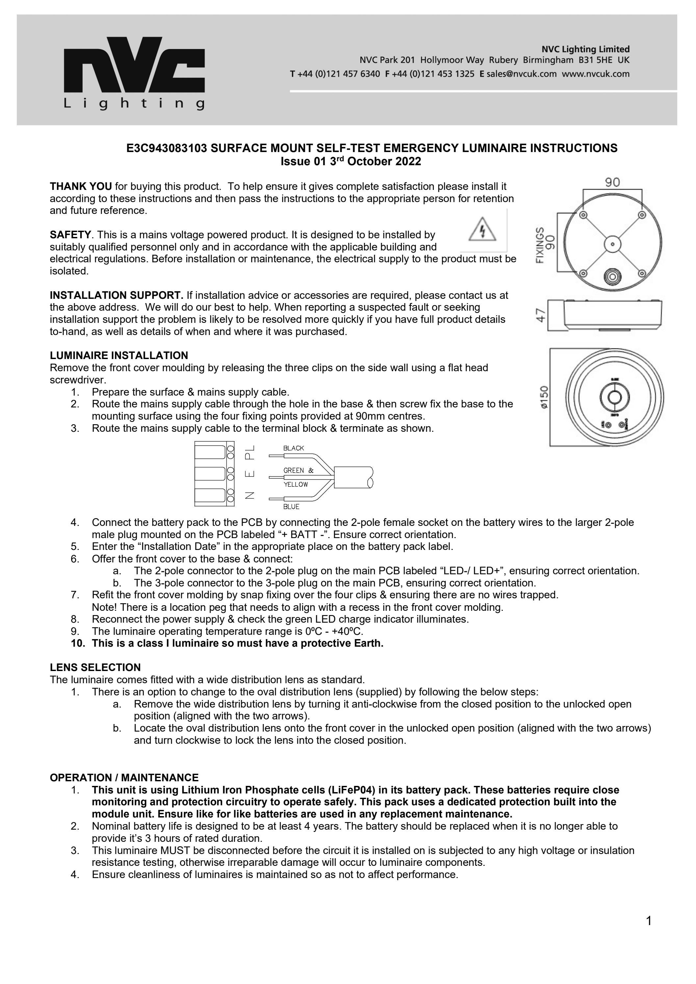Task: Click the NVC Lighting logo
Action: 134,73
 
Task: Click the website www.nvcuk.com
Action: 595,74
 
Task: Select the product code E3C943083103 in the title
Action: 167,148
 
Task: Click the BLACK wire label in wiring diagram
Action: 294,448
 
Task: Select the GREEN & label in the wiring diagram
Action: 298,470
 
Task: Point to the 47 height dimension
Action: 541,315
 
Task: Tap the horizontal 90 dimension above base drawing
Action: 612,183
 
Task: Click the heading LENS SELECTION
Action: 95,667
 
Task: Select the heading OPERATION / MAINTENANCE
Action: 124,777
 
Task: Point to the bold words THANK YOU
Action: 81,186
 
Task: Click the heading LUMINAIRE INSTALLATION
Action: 119,355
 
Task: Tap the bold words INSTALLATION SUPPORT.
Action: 116,295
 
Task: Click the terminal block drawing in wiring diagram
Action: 214,474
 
